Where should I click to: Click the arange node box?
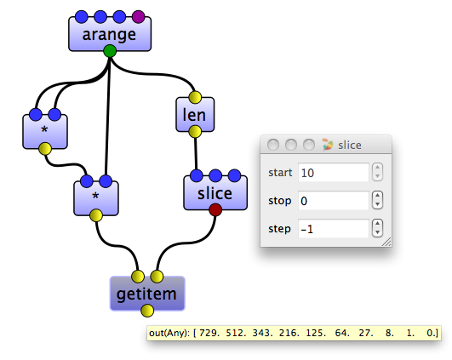coord(110,34)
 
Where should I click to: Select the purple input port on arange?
coord(139,17)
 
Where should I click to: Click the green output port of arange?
coord(110,51)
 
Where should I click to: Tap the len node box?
coord(195,114)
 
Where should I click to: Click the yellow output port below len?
coord(195,132)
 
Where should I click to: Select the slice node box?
coord(215,192)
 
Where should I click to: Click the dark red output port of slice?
coord(215,209)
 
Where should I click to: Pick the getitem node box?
coord(147,294)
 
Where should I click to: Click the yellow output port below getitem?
coord(147,311)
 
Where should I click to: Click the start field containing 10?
coord(334,173)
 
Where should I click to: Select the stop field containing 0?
coord(334,201)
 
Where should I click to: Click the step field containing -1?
coord(334,229)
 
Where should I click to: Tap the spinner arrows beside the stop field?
coord(377,200)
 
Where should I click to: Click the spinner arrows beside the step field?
coord(377,228)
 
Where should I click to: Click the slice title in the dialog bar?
coord(350,145)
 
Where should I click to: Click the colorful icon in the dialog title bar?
coord(328,145)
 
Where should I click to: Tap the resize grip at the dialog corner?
coord(386,242)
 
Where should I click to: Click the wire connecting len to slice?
coord(196,154)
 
